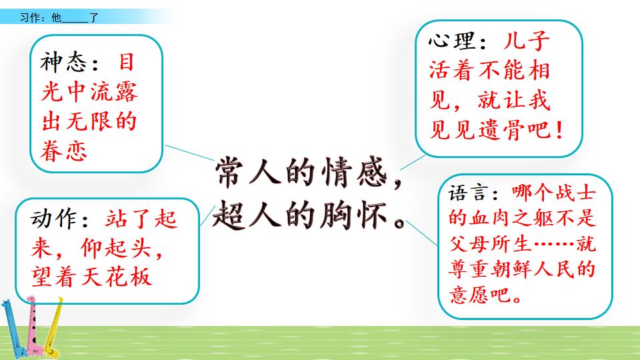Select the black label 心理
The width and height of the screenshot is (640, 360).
[x=451, y=41]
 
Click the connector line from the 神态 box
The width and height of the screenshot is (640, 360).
[x=190, y=153]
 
